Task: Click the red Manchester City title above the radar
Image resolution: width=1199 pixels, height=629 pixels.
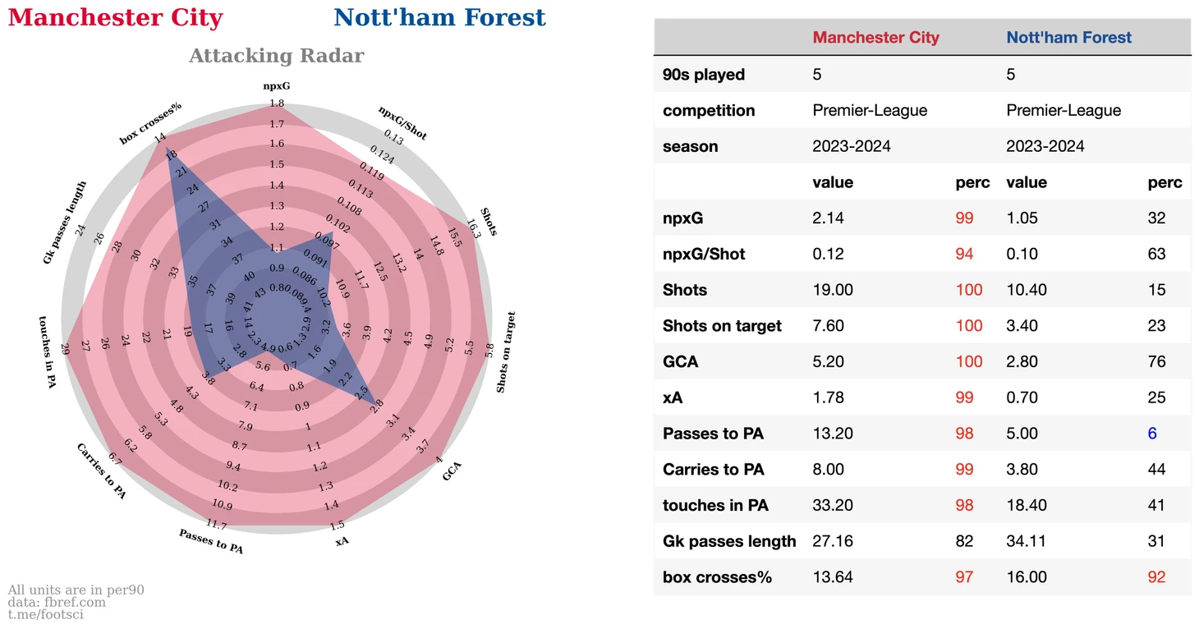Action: pyautogui.click(x=115, y=18)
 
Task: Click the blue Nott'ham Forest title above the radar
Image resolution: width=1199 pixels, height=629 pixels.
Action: pyautogui.click(x=439, y=18)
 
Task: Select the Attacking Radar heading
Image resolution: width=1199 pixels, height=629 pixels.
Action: pyautogui.click(x=276, y=56)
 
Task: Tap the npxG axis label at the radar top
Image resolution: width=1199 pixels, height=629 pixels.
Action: pyautogui.click(x=276, y=85)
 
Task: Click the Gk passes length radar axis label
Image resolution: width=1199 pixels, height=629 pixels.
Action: pyautogui.click(x=65, y=223)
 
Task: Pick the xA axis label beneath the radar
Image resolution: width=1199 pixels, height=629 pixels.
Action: pyautogui.click(x=342, y=540)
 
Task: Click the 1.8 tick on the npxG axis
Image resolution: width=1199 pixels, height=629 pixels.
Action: pyautogui.click(x=277, y=103)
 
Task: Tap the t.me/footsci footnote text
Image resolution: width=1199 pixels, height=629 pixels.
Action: pyautogui.click(x=46, y=614)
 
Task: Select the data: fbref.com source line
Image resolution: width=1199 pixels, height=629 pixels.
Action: pyautogui.click(x=57, y=602)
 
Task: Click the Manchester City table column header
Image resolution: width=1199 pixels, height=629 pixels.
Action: pyautogui.click(x=875, y=38)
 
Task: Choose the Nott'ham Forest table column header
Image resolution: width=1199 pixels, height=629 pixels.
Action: pyautogui.click(x=1068, y=38)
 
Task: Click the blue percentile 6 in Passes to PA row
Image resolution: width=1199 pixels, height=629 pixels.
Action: pyautogui.click(x=1152, y=434)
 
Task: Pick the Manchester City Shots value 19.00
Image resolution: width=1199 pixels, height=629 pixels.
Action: pyautogui.click(x=833, y=290)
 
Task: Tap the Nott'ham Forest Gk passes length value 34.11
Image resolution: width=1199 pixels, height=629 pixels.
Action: pyautogui.click(x=1027, y=541)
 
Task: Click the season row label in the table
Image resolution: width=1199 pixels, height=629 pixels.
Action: pyautogui.click(x=690, y=146)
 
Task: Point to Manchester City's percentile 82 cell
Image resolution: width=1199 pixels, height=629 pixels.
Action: pyautogui.click(x=964, y=541)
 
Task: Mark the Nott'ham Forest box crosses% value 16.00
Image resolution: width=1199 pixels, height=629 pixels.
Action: pyautogui.click(x=1027, y=577)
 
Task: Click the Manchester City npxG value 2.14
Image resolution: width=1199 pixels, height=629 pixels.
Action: pyautogui.click(x=828, y=218)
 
